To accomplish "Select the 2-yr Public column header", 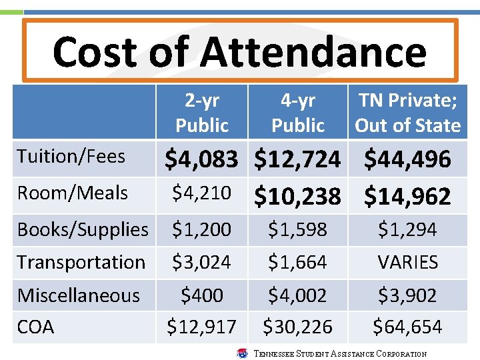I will [x=201, y=113].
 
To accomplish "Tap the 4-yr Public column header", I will [x=298, y=113].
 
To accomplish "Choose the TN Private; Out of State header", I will [x=407, y=113].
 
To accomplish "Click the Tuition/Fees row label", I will [x=71, y=157].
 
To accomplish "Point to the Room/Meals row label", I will [x=73, y=193].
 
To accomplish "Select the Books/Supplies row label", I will [x=83, y=229].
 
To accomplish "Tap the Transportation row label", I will [x=81, y=262].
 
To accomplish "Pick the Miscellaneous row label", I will [x=79, y=295].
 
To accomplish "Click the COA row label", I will [x=36, y=327].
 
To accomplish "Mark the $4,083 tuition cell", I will [x=201, y=159].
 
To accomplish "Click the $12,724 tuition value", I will [x=298, y=159].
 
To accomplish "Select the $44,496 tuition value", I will [x=407, y=159].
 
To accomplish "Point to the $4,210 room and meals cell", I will [x=201, y=193].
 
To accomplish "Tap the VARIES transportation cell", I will [x=407, y=262].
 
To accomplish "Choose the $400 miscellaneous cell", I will [x=201, y=295].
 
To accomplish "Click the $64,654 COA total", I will [x=407, y=327].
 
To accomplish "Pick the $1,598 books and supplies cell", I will [x=298, y=229].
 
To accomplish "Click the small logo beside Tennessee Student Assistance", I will [x=243, y=353].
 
